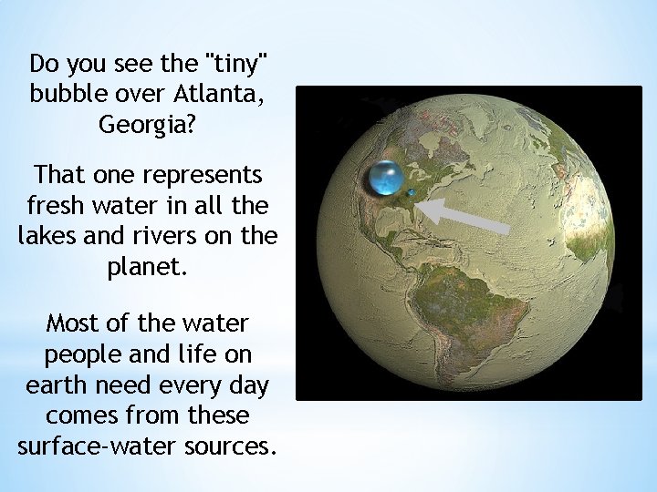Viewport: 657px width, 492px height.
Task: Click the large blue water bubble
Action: pos(387,179)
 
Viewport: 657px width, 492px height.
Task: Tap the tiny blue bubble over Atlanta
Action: pos(412,192)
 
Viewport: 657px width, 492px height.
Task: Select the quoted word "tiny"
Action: pos(238,65)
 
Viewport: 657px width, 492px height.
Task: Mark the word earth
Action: pos(54,384)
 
